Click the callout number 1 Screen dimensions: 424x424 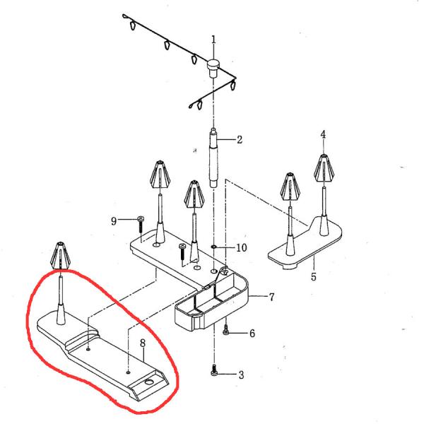point(213,40)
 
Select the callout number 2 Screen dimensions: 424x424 point(240,140)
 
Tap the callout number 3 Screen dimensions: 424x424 point(240,375)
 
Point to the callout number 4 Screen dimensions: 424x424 point(323,134)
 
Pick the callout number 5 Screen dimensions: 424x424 point(314,276)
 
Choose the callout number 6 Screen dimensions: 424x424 point(252,333)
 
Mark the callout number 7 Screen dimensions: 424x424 point(271,298)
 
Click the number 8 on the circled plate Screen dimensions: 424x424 point(142,343)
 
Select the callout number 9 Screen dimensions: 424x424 point(113,220)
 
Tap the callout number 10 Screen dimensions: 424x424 point(241,248)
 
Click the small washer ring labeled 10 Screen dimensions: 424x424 point(214,248)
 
